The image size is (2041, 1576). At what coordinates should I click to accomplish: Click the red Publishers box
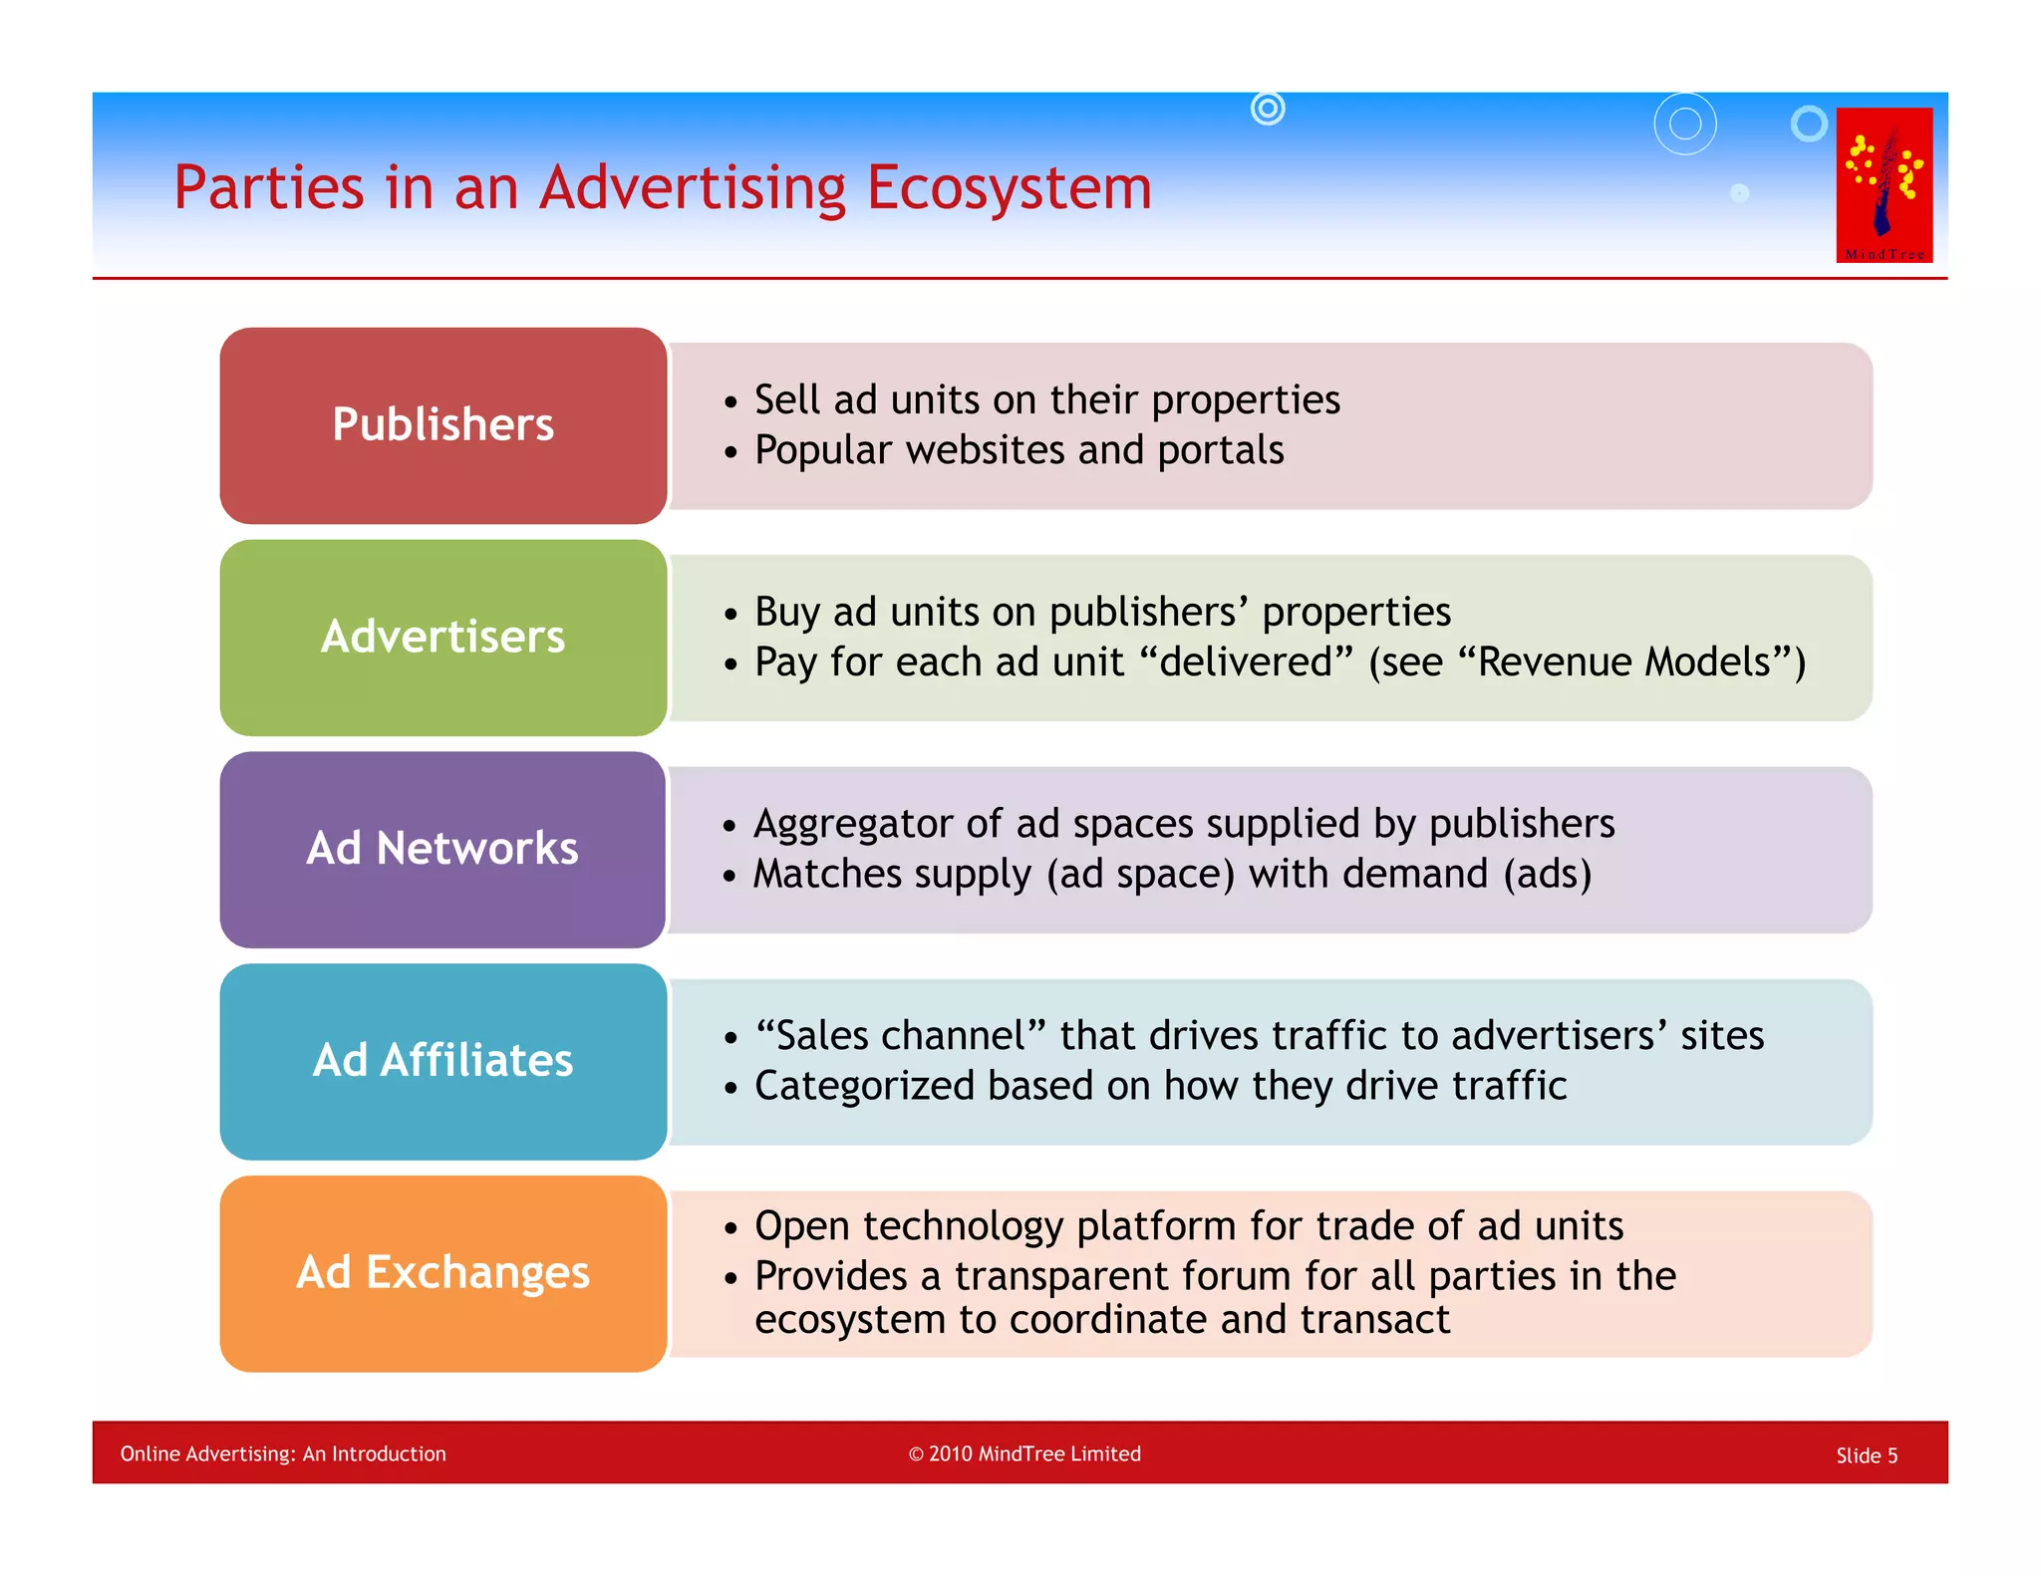(442, 425)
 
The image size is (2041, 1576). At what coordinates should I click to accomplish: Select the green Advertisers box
(442, 638)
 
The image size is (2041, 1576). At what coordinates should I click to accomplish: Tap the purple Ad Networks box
(442, 849)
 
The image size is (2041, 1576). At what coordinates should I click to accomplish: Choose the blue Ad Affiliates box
(442, 1061)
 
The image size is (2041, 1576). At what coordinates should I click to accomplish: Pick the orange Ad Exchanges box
(442, 1273)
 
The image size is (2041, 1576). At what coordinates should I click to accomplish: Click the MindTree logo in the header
(1884, 185)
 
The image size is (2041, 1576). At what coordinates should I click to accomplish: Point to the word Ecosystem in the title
(1009, 187)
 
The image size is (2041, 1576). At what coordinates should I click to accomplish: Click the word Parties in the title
(269, 187)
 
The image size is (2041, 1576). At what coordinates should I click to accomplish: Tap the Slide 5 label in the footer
(1866, 1455)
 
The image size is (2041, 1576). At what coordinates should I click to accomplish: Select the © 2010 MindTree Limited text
(1024, 1453)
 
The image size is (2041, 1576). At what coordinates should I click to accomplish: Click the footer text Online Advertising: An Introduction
(283, 1453)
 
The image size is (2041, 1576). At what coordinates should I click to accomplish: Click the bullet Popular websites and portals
(1019, 450)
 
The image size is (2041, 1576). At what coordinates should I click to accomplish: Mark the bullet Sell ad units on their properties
(1046, 400)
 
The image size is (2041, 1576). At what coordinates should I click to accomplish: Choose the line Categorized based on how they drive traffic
(1160, 1086)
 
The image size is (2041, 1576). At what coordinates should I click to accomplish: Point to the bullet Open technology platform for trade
(1188, 1226)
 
